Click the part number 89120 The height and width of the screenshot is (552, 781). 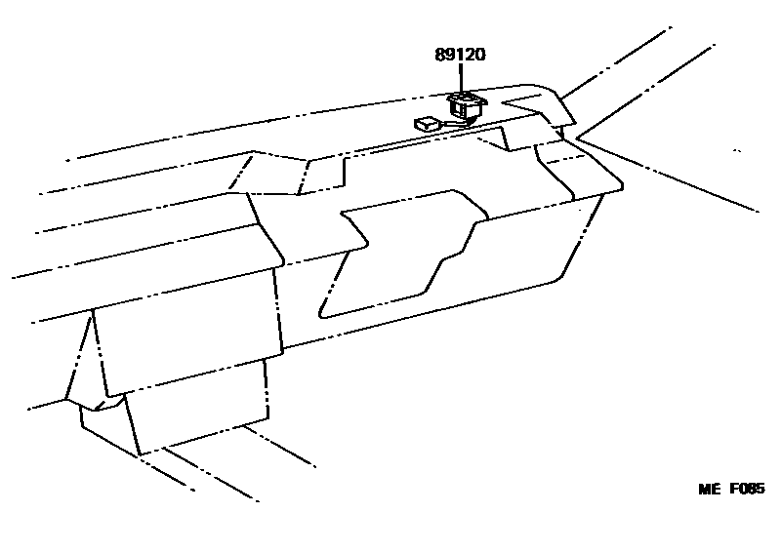(x=461, y=56)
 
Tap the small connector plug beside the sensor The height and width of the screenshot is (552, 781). (x=426, y=124)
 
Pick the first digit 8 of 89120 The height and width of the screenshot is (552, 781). (x=440, y=56)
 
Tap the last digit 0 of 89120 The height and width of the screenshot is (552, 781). (x=481, y=56)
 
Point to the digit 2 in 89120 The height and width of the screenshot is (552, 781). (x=471, y=56)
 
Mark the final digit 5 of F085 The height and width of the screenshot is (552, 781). (x=760, y=490)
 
